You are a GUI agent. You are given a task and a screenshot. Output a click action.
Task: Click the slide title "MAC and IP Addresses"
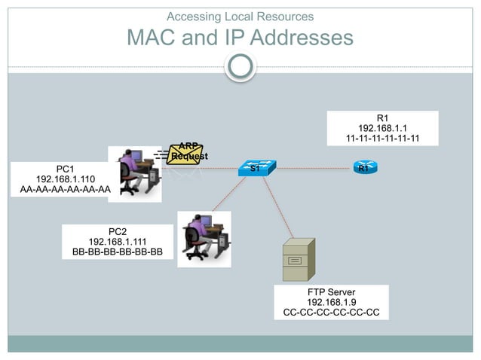tap(240, 37)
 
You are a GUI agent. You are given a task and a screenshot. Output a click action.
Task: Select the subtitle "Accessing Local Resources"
tap(240, 16)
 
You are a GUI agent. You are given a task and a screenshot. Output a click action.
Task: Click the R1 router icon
tap(363, 168)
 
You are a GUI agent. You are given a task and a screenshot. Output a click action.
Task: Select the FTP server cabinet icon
tap(297, 258)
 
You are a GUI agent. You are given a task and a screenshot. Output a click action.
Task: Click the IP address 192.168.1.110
tap(65, 179)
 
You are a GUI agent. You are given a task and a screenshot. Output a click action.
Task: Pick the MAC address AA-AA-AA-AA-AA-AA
tap(65, 191)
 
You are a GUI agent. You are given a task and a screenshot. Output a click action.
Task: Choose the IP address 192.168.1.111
tap(117, 241)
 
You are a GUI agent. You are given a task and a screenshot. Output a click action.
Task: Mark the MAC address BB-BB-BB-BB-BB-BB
tap(117, 252)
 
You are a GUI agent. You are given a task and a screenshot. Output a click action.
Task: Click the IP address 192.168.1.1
tap(382, 128)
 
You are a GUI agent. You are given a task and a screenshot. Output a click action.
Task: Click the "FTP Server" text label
tap(331, 291)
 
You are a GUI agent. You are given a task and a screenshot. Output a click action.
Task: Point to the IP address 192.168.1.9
tap(331, 301)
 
